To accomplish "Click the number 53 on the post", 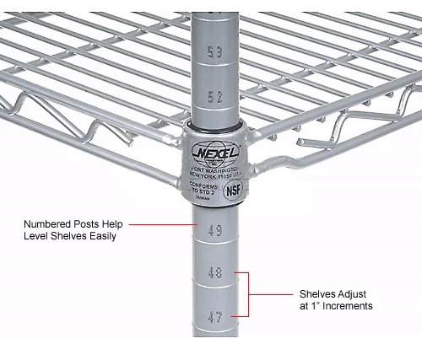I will pos(215,53).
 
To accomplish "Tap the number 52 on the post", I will pos(215,97).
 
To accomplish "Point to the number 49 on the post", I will pos(215,229).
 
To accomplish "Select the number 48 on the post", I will pos(215,273).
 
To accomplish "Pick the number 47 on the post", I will pos(215,317).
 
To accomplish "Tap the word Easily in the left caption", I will pos(100,237).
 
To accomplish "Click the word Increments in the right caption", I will pos(349,306).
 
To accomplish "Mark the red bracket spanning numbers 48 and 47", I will pos(250,294).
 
